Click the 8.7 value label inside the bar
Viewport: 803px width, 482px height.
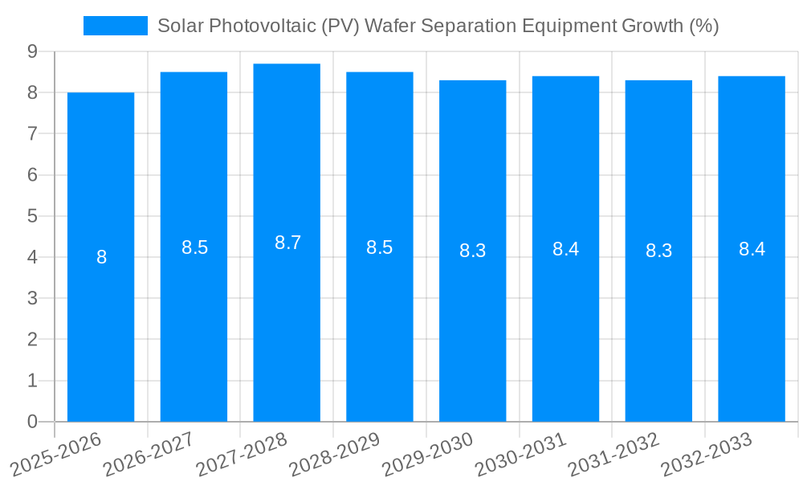pos(287,243)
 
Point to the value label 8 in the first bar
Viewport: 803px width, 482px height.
pos(101,258)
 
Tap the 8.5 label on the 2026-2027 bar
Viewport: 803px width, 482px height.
pos(194,247)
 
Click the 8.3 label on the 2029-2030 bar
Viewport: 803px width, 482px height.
pos(472,251)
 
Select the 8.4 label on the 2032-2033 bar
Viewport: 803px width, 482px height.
pos(752,249)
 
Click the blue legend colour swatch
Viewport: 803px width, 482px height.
pos(115,26)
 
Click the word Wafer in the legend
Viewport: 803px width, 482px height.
pos(389,26)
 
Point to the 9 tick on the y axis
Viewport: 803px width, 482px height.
pos(32,51)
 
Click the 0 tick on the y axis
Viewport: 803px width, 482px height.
pos(32,422)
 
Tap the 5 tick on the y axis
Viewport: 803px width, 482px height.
pos(32,216)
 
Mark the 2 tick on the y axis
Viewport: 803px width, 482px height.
pos(32,340)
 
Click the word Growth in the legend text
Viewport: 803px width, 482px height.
pos(653,26)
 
